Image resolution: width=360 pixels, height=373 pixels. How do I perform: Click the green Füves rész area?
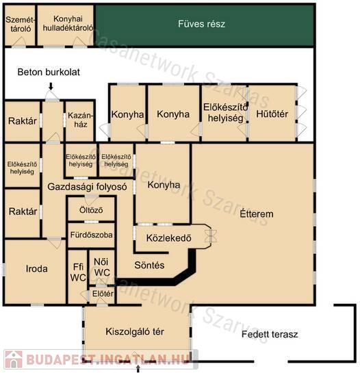click(x=205, y=25)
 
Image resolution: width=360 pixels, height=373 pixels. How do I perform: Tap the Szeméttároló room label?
click(x=21, y=24)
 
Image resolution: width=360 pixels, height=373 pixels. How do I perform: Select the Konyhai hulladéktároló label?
click(x=68, y=23)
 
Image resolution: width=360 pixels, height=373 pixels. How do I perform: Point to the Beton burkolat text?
click(x=49, y=72)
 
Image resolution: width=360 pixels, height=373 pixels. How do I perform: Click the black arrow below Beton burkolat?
click(x=51, y=86)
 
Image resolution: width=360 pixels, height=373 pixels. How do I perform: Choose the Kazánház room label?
click(x=81, y=120)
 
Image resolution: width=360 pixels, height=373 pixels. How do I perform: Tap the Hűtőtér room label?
click(x=272, y=114)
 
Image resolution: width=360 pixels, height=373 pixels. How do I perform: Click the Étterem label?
click(x=257, y=214)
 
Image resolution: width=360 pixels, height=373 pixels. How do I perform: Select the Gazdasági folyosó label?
click(x=87, y=187)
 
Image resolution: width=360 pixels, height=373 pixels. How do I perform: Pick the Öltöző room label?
click(x=91, y=210)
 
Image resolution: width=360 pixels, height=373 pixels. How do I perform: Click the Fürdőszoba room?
click(x=91, y=235)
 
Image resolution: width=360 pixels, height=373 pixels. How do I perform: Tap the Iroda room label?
click(x=37, y=269)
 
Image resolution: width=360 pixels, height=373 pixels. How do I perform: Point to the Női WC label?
click(x=101, y=267)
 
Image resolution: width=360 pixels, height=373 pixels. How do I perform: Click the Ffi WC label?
click(x=78, y=272)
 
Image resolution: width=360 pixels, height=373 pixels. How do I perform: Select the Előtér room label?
click(x=103, y=294)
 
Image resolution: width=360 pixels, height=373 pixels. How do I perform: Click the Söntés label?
click(x=149, y=265)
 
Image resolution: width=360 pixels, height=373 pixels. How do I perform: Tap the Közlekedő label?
click(x=168, y=238)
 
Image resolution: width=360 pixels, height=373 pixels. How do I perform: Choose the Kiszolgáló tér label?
click(x=135, y=331)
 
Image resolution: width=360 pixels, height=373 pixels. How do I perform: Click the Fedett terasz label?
click(x=270, y=334)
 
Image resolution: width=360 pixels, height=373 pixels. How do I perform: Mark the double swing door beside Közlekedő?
click(x=211, y=236)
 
